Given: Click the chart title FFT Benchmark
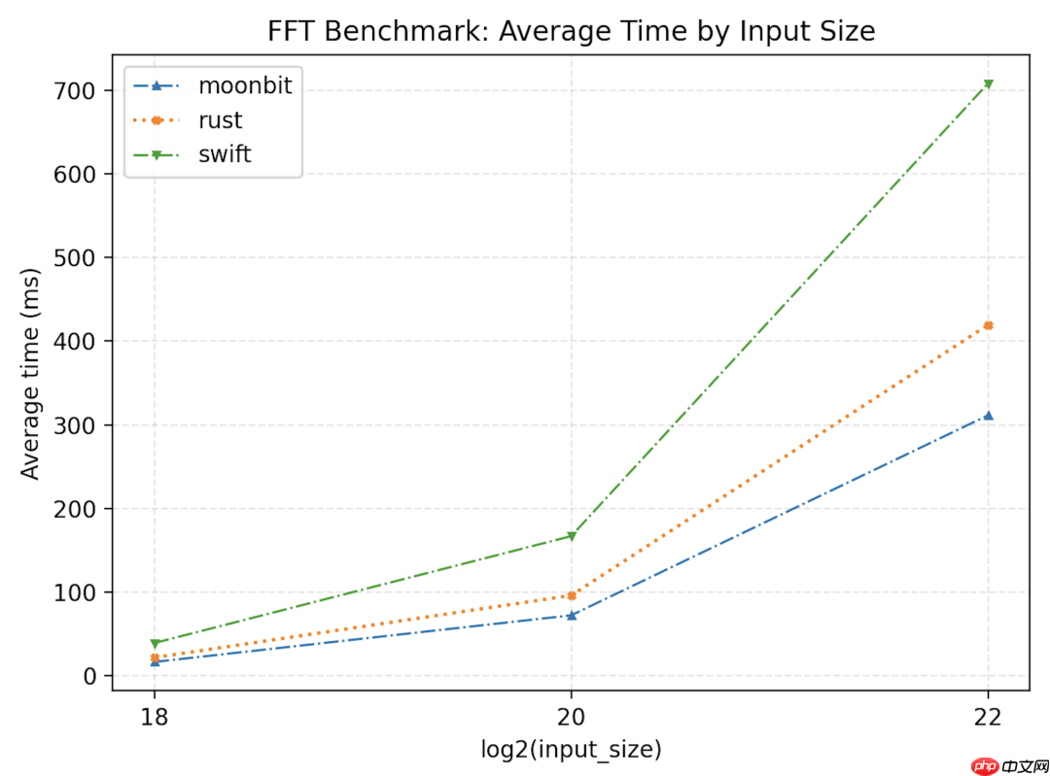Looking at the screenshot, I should point(572,31).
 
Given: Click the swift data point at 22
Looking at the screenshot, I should point(988,84).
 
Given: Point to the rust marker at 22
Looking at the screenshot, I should point(988,325).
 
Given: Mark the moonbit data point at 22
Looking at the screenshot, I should point(988,416).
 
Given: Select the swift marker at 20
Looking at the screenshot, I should point(571,536).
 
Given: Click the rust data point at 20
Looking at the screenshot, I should point(571,595).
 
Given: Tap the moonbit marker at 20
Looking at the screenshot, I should point(571,615).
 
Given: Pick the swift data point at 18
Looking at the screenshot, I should point(154,643).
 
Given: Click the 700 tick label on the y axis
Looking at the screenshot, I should point(81,91).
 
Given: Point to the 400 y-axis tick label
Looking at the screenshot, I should point(81,342).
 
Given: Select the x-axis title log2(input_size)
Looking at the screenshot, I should point(571,749).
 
